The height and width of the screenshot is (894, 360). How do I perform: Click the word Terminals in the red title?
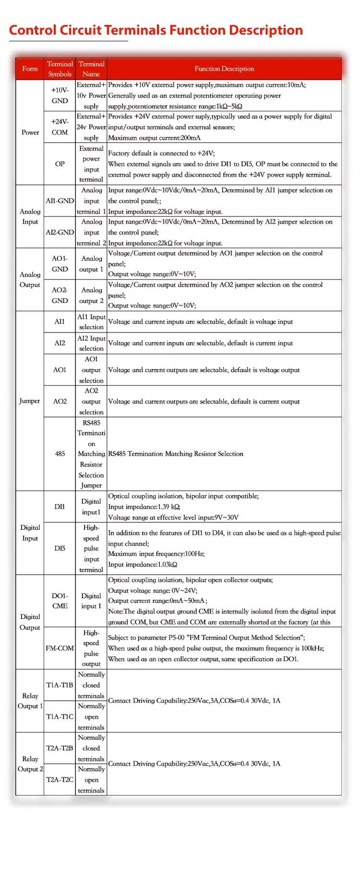click(x=135, y=30)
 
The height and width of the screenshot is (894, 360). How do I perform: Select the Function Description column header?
click(x=224, y=69)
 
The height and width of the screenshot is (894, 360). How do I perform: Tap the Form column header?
click(x=30, y=69)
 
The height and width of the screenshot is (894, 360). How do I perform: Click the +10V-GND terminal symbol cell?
click(x=60, y=96)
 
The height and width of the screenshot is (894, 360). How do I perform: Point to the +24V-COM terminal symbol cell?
click(x=60, y=127)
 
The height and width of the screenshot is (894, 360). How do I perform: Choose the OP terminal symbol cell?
click(x=60, y=164)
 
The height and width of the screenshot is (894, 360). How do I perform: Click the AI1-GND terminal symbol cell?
click(x=60, y=201)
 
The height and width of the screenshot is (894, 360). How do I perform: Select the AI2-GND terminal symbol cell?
click(x=60, y=232)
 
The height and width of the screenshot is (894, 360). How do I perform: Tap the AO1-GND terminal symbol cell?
click(x=60, y=264)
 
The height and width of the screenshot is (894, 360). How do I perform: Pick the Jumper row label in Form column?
click(x=30, y=401)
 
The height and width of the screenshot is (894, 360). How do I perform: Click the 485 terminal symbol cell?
click(x=60, y=454)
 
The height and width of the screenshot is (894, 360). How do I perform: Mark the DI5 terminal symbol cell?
click(x=60, y=548)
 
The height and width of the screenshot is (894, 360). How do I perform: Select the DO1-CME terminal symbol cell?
click(x=60, y=601)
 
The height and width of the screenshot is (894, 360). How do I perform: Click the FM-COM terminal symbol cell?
click(x=60, y=648)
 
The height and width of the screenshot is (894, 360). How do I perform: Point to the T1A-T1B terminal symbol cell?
click(x=60, y=685)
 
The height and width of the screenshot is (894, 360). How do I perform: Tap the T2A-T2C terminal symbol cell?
click(x=60, y=780)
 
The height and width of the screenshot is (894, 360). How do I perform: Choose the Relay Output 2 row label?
click(x=30, y=764)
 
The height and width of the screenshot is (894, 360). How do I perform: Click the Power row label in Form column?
click(x=30, y=133)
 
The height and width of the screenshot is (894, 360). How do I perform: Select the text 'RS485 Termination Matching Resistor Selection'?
click(x=176, y=454)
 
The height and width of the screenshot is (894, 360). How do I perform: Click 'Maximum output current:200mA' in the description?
click(x=155, y=138)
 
